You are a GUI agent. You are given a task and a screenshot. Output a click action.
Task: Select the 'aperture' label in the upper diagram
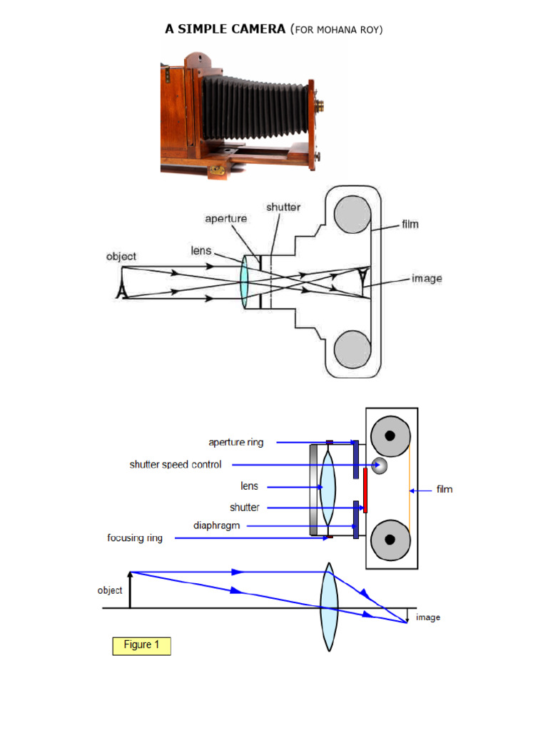coord(226,219)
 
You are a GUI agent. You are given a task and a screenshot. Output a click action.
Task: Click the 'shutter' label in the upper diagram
coord(283,207)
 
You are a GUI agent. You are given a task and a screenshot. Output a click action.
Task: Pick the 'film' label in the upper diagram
coord(410,224)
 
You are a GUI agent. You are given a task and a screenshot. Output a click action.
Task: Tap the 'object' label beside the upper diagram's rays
coord(121,257)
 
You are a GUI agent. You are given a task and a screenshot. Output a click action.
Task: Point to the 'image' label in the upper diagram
coord(427,278)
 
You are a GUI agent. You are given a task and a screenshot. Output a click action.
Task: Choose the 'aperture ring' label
coord(235,442)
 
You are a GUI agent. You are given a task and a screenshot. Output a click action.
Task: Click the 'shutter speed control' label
coord(176,465)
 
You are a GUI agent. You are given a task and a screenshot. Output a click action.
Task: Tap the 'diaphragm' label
coord(216,525)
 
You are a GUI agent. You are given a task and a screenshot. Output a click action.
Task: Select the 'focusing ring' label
coord(135,538)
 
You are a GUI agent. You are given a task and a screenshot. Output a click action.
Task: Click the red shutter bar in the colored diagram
coord(365,490)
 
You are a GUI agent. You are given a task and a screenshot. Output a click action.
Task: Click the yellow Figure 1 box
coord(141,645)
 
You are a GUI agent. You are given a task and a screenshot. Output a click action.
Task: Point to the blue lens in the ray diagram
coord(328,607)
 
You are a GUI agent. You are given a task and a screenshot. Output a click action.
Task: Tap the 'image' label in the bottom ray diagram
coord(428,617)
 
